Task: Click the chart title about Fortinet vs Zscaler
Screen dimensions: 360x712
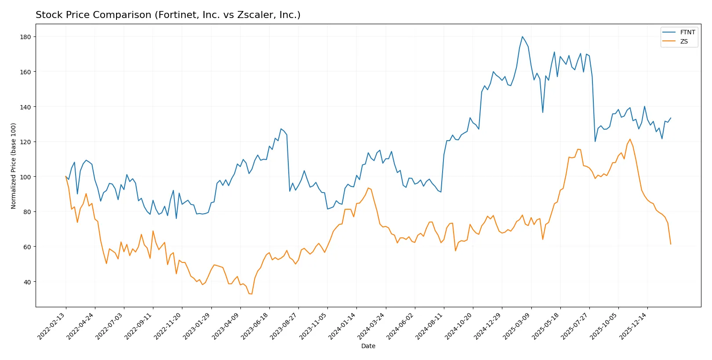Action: coord(168,15)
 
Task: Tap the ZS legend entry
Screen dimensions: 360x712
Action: coord(683,41)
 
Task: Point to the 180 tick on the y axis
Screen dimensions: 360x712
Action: coord(25,37)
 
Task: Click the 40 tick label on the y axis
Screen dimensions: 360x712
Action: coord(27,282)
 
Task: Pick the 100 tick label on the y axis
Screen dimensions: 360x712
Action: coord(25,177)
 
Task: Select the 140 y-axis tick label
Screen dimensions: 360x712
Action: coord(25,107)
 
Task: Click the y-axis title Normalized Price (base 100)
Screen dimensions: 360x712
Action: coord(14,166)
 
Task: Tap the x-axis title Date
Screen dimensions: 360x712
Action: coord(368,346)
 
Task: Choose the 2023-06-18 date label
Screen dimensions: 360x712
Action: coord(255,326)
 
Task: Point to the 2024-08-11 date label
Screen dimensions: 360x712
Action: coord(430,326)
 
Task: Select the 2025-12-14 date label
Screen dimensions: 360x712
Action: coord(633,326)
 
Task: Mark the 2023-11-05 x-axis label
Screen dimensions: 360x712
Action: coord(313,326)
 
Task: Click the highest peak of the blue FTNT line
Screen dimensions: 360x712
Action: coord(522,37)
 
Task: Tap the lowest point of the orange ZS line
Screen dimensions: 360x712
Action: coord(251,294)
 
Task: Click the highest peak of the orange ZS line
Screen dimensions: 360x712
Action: coord(630,139)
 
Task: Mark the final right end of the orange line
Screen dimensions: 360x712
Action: coord(671,244)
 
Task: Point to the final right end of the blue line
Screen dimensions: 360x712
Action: coord(671,118)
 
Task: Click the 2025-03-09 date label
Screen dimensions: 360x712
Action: coord(517,326)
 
